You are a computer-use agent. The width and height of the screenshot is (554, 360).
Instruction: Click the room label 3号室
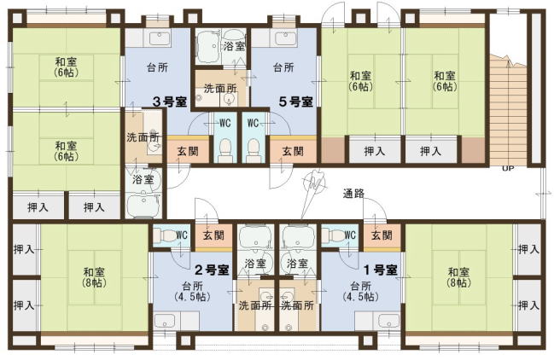[x=169, y=102]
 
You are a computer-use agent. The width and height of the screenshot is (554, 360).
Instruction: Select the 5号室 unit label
[x=295, y=102]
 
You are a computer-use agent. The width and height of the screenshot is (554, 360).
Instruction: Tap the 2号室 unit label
[x=212, y=270]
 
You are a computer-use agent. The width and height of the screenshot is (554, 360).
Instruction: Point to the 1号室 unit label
[x=380, y=270]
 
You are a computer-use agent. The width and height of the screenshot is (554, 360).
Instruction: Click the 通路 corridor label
[x=353, y=194]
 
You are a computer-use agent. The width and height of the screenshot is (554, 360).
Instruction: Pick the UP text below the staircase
[x=508, y=169]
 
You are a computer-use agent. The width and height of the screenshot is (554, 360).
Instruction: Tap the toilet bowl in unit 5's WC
[x=254, y=150]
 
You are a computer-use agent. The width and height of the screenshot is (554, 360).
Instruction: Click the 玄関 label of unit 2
[x=213, y=235]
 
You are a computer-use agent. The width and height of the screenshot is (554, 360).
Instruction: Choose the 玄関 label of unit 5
[x=293, y=151]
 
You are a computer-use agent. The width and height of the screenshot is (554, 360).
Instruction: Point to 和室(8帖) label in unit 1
[x=458, y=277]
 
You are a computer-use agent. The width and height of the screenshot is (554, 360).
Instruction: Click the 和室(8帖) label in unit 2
[x=94, y=277]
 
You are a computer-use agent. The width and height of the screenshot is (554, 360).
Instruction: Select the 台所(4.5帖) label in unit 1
[x=361, y=291]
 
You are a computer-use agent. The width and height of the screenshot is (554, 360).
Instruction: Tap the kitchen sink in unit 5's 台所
[x=285, y=38]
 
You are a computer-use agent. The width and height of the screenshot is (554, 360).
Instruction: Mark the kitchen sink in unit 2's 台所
[x=165, y=321]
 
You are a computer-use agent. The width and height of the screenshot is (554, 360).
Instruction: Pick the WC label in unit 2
[x=182, y=235]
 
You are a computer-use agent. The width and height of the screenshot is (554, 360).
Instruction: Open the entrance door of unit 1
[x=375, y=209]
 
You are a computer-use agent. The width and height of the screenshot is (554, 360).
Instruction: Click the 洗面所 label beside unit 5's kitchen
[x=220, y=88]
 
